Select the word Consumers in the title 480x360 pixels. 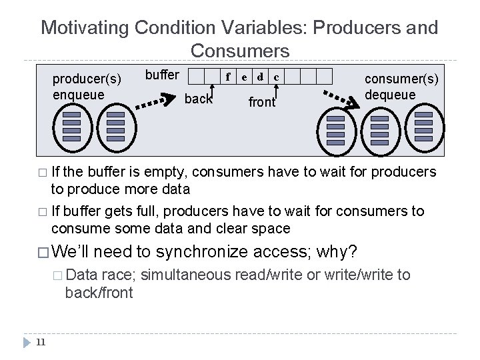point(239,51)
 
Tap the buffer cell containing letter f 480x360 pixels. point(229,77)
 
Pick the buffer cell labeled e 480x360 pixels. point(244,77)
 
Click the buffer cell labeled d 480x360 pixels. point(260,77)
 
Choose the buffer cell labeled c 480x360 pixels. point(276,77)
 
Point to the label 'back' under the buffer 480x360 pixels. point(198,100)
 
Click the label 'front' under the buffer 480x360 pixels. point(262,103)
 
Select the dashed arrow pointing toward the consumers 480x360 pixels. point(338,98)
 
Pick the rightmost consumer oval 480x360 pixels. point(423,126)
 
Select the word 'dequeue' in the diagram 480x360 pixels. point(391,94)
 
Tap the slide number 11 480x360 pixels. point(39,343)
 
